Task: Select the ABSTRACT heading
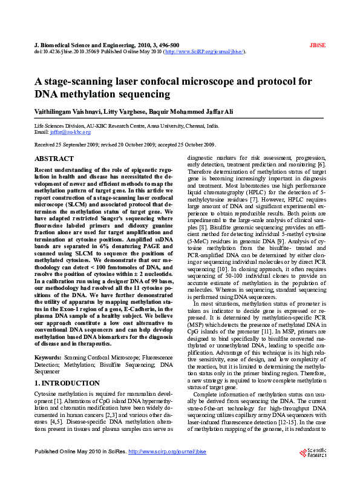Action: (54, 158)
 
